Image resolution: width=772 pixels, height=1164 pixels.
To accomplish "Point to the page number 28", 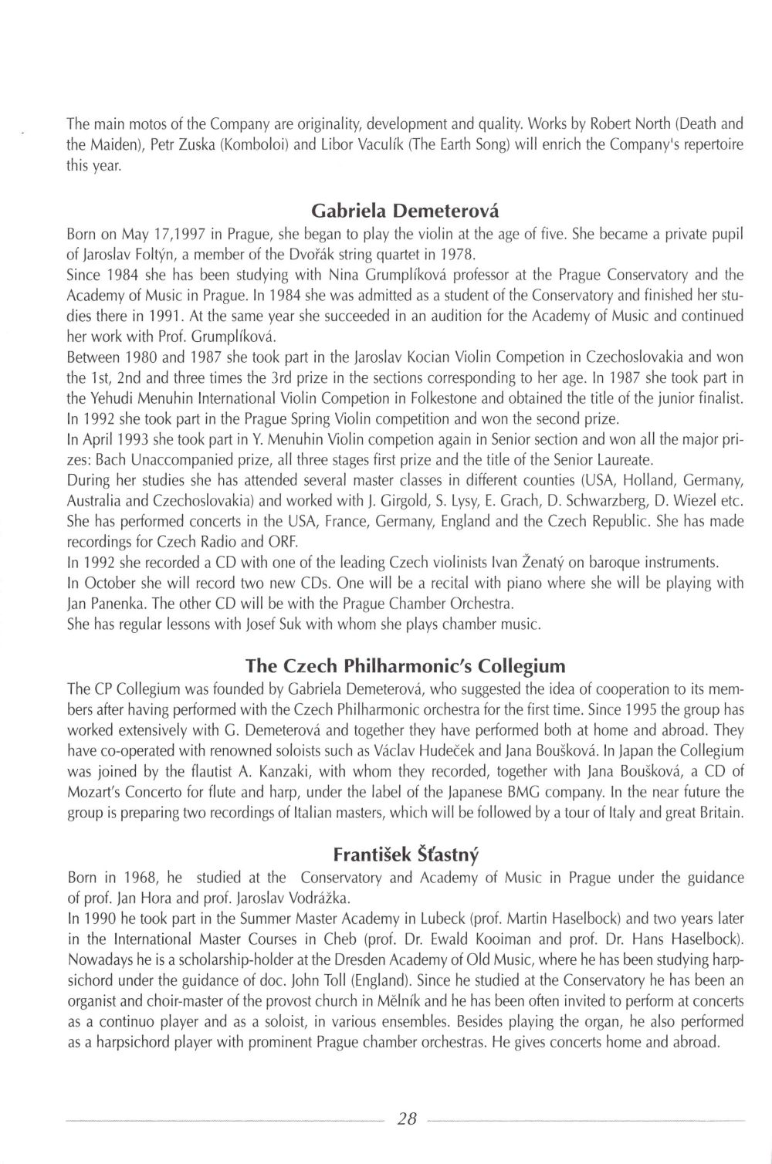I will pos(405,1117).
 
